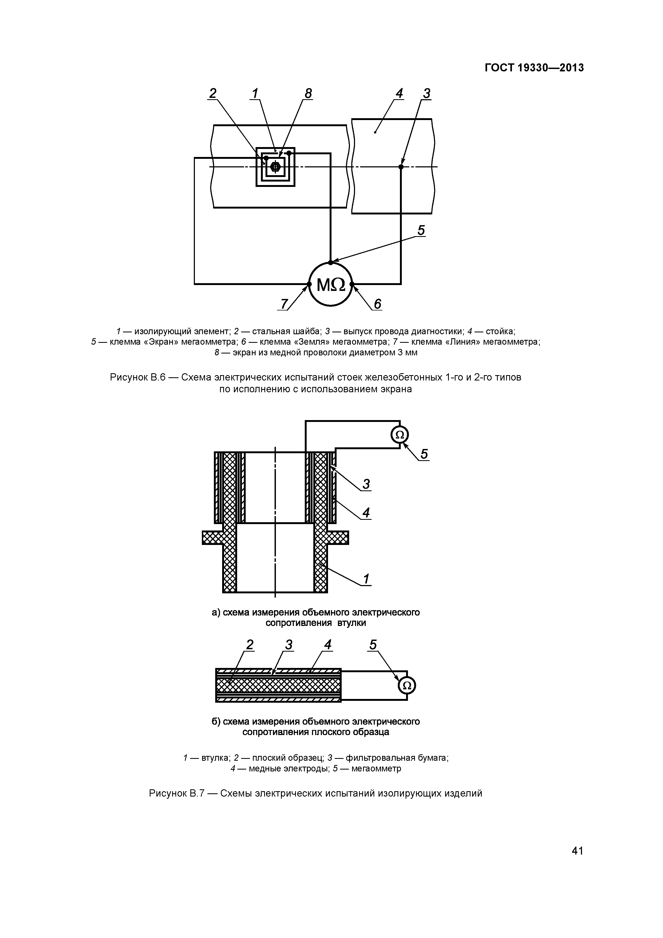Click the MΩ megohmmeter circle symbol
[x=330, y=284]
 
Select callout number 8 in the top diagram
[x=308, y=94]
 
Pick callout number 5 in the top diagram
[x=421, y=230]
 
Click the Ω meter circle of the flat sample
[x=407, y=686]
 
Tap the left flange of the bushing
[x=213, y=538]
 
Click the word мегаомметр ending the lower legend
[x=376, y=768]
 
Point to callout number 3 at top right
[x=426, y=94]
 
